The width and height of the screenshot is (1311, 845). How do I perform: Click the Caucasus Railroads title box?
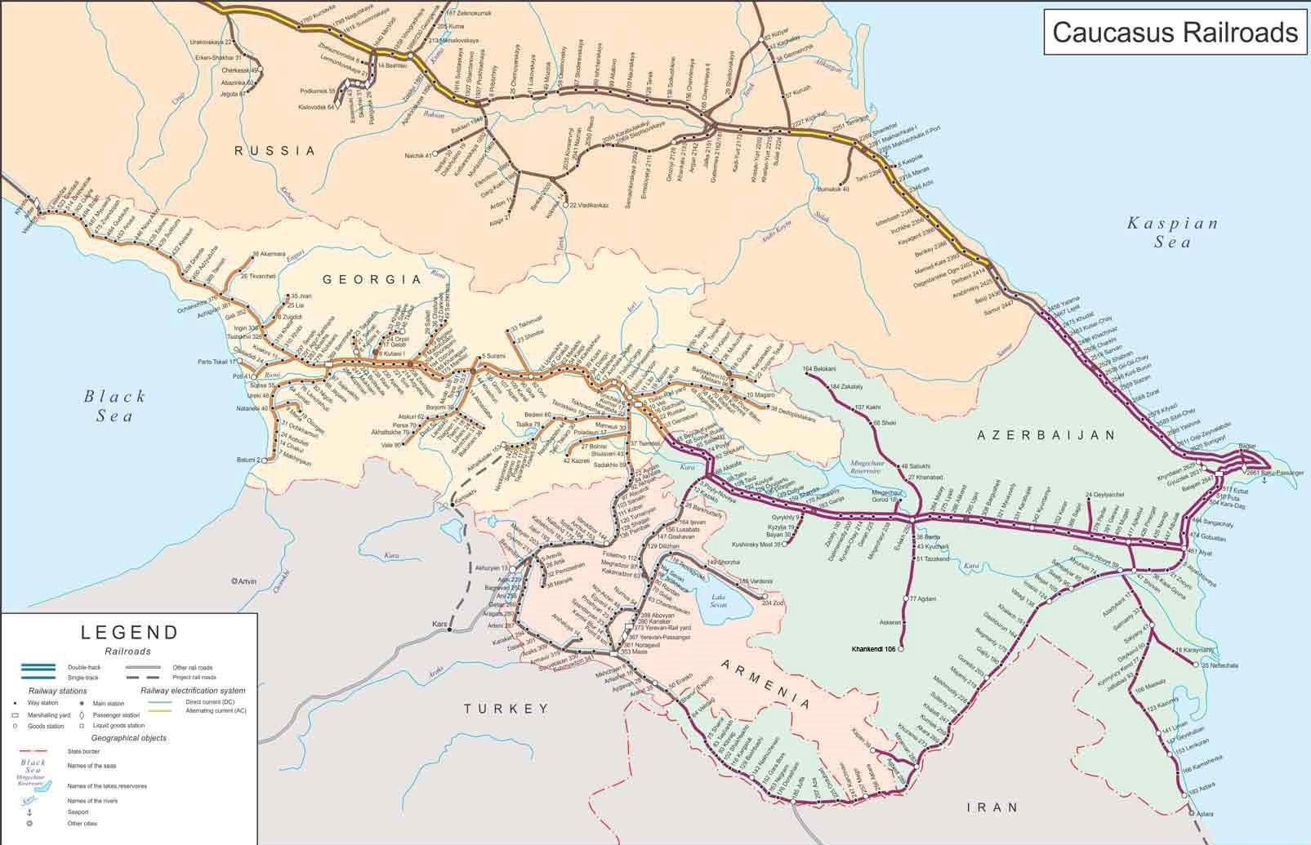(x=1174, y=32)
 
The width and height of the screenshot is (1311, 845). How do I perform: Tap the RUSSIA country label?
(x=274, y=150)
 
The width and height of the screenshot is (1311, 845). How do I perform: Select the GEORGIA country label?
(x=372, y=279)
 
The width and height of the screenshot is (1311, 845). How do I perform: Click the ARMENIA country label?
(x=765, y=682)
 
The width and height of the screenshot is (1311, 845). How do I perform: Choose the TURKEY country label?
(x=506, y=709)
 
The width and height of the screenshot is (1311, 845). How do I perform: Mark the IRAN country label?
(x=992, y=807)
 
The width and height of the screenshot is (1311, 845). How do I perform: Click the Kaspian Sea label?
(x=1172, y=232)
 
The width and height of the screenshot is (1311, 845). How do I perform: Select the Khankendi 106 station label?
(x=873, y=649)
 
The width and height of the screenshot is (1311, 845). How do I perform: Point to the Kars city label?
(x=441, y=625)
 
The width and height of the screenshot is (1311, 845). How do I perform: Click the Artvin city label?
(x=244, y=581)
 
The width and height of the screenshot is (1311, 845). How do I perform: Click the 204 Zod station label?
(x=772, y=603)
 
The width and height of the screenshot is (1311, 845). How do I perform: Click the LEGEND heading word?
(x=129, y=632)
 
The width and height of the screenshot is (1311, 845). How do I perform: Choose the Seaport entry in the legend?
(x=78, y=812)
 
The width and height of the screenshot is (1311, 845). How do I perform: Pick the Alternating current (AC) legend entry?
(x=196, y=710)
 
